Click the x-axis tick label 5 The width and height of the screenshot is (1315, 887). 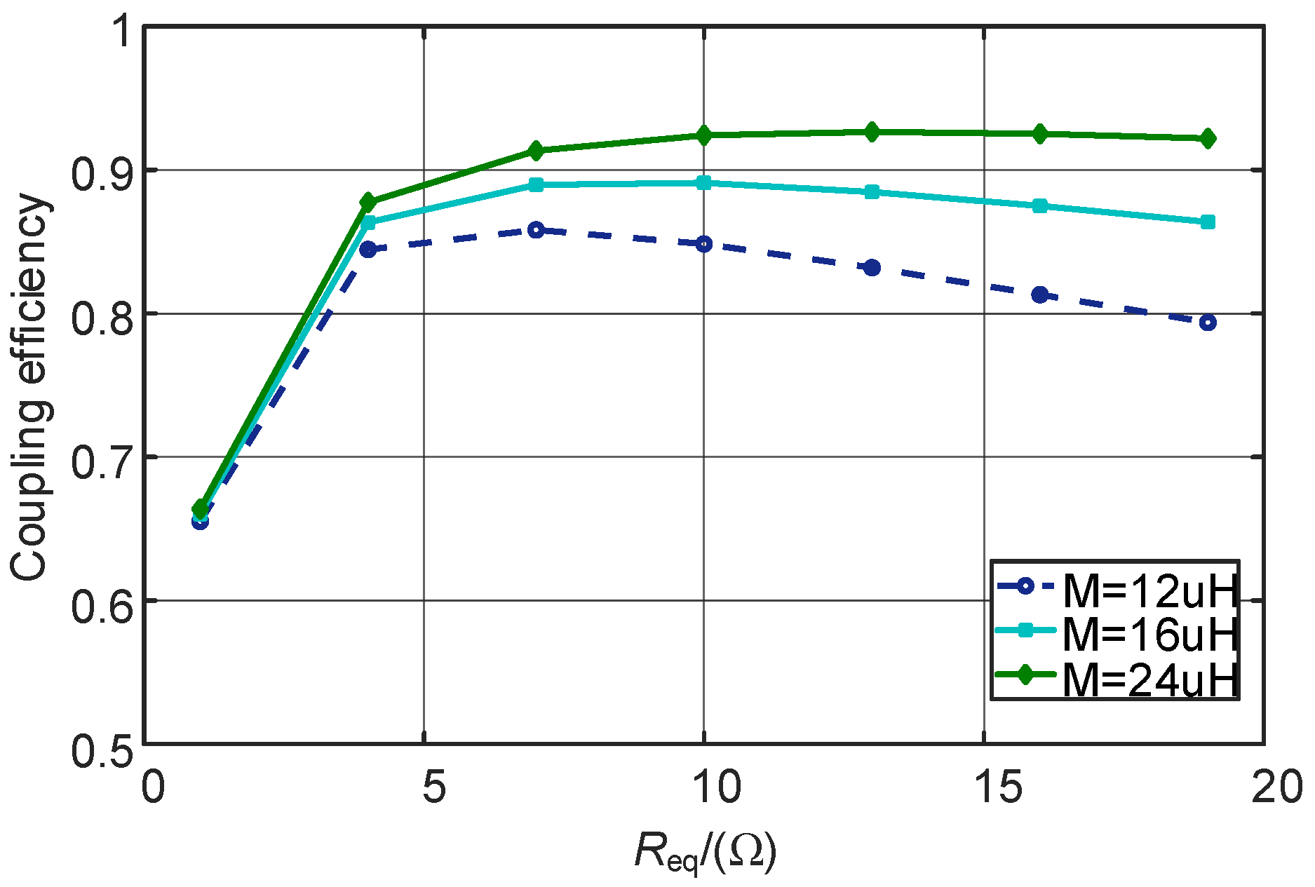point(433,787)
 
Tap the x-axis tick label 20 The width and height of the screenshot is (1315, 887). point(1276,787)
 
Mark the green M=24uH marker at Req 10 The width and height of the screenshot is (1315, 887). point(704,135)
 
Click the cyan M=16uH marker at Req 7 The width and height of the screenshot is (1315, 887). point(537,185)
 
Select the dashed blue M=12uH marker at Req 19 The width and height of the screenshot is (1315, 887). point(1208,323)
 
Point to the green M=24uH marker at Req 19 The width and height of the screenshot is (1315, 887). point(1208,139)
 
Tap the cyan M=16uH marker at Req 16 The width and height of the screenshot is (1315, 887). point(1040,206)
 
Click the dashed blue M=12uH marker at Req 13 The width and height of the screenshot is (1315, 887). point(872,268)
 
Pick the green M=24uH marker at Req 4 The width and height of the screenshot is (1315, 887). point(368,203)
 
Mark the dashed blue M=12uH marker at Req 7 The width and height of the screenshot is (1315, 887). point(537,230)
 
